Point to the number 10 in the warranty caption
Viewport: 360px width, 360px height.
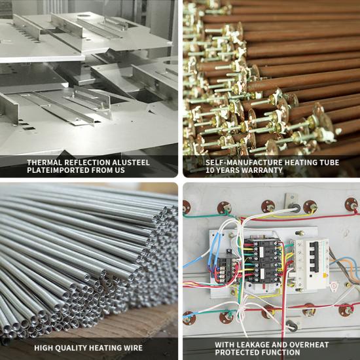click(x=209, y=170)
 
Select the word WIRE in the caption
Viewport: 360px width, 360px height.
click(x=134, y=348)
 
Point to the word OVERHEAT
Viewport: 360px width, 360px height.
click(x=309, y=344)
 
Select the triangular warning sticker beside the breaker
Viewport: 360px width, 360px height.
click(x=333, y=286)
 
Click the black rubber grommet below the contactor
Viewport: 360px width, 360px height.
click(x=293, y=326)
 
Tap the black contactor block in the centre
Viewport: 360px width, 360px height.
click(x=262, y=261)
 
